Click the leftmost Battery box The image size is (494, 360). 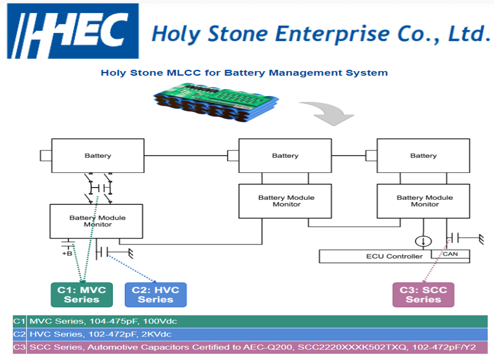point(98,156)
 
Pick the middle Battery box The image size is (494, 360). point(285,156)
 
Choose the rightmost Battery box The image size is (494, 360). point(423,156)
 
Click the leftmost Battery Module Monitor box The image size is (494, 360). point(97,221)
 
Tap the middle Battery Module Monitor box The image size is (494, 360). point(286,201)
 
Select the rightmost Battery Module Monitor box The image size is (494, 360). point(424,201)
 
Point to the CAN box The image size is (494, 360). point(450,254)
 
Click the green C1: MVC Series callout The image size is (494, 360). point(82,295)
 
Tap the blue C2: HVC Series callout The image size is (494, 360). point(155,295)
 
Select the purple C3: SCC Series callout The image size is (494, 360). point(423,295)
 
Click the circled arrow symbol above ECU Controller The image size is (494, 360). point(423,241)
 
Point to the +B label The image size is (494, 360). point(67,253)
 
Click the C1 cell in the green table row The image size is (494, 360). point(19,321)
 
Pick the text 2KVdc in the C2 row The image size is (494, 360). point(156,334)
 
